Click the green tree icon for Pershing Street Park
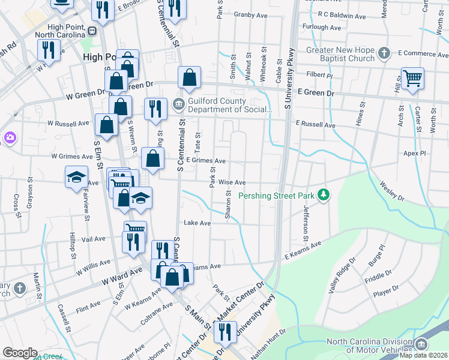pyautogui.click(x=324, y=195)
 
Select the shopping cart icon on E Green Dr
pyautogui.click(x=412, y=78)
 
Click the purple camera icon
pyautogui.click(x=9, y=139)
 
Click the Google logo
pyautogui.click(x=20, y=352)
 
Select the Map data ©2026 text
pyautogui.click(x=424, y=355)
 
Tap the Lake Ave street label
pyautogui.click(x=197, y=223)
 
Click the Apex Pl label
pyautogui.click(x=414, y=154)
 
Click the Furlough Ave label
pyautogui.click(x=322, y=28)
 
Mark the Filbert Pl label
pyautogui.click(x=320, y=76)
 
